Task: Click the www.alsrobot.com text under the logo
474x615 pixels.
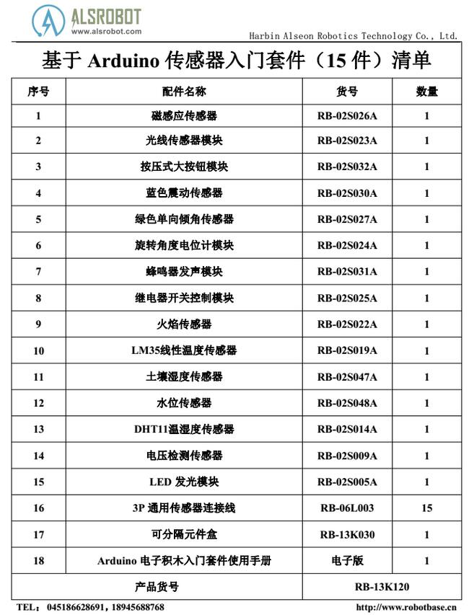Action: click(x=106, y=31)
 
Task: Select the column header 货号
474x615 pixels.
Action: click(x=347, y=92)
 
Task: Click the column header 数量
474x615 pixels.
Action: click(x=426, y=92)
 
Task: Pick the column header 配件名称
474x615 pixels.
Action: click(x=184, y=92)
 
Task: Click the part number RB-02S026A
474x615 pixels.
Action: click(x=347, y=115)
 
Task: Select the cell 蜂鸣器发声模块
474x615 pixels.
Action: click(x=184, y=272)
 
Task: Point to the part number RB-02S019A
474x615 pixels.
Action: click(x=347, y=350)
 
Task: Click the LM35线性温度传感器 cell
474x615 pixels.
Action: click(x=184, y=350)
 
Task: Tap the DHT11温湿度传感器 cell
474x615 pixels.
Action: click(x=184, y=429)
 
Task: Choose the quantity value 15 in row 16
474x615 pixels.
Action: click(x=426, y=508)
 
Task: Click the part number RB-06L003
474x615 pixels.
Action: click(x=347, y=508)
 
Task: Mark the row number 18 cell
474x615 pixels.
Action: click(x=38, y=560)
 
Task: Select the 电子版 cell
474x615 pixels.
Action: click(x=347, y=560)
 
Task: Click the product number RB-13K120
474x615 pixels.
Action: click(x=382, y=587)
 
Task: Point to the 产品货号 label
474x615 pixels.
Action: click(x=157, y=587)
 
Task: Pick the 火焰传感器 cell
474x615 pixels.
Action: click(x=184, y=324)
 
